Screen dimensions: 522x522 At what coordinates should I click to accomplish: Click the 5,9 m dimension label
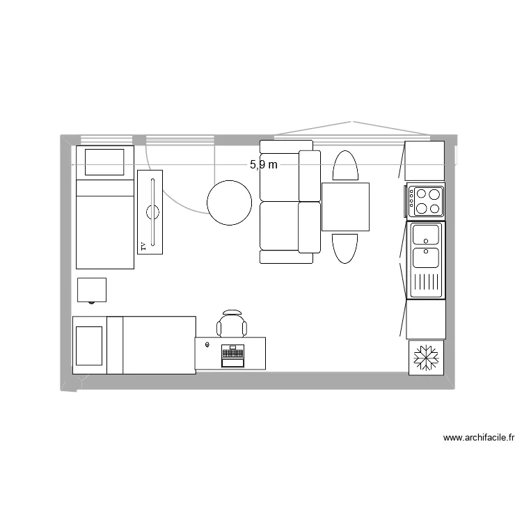click(264, 165)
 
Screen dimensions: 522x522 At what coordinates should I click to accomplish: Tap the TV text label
click(143, 246)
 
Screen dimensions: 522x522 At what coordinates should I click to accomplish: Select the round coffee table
click(229, 203)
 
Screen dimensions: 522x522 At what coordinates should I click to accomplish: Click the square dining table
click(345, 207)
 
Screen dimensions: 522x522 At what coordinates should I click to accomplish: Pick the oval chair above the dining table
click(345, 166)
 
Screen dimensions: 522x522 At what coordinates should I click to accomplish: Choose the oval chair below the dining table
click(345, 248)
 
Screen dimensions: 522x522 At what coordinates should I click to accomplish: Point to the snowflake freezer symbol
click(426, 357)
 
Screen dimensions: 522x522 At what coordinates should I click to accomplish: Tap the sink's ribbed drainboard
click(426, 283)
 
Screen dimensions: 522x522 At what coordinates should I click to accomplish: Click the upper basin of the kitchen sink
click(425, 234)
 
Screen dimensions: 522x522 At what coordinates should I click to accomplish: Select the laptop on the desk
click(232, 355)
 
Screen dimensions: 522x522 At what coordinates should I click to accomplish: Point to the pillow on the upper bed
click(104, 161)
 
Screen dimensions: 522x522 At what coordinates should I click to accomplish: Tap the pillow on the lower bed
click(90, 345)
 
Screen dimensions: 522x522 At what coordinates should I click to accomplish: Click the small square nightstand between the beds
click(91, 290)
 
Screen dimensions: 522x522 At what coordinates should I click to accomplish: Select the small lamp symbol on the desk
click(207, 343)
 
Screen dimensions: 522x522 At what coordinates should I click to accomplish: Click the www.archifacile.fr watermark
click(479, 438)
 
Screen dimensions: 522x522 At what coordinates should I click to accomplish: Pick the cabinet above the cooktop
click(425, 161)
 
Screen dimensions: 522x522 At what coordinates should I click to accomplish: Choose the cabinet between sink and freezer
click(426, 319)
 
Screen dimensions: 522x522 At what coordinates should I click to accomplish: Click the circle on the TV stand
click(153, 210)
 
